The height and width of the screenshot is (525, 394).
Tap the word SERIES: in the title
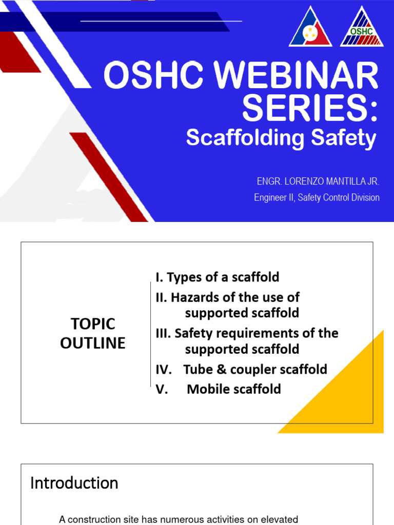[x=310, y=108]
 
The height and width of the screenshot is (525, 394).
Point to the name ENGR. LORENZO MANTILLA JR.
[x=318, y=182]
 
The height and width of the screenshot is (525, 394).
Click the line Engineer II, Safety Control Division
[x=317, y=197]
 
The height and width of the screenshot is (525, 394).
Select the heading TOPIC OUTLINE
[x=93, y=333]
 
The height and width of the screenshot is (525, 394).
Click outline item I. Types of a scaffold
[x=218, y=277]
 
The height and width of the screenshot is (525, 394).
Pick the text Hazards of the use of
[x=235, y=297]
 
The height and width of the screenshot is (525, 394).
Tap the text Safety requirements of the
[x=256, y=333]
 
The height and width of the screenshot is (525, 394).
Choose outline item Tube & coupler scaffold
[x=255, y=369]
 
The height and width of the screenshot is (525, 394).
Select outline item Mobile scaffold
[x=234, y=389]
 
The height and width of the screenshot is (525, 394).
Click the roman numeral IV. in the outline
[x=164, y=369]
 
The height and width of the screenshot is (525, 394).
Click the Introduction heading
[x=74, y=483]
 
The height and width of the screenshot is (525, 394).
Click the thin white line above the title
[x=161, y=21]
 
